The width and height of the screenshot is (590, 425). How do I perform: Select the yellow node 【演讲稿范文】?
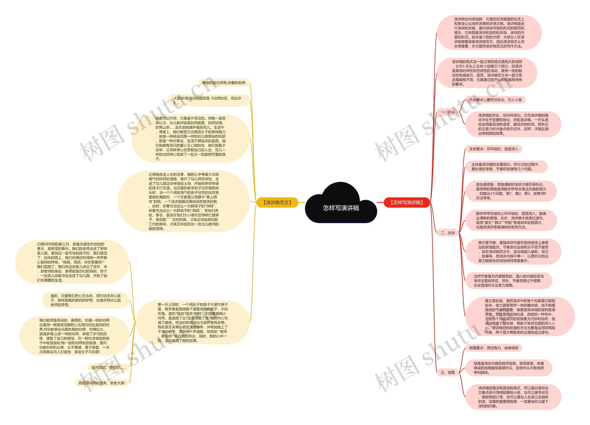277,202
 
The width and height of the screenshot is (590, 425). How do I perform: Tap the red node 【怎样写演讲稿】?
407,202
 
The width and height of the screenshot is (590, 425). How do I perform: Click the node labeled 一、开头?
447,112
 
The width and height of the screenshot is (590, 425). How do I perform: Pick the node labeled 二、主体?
447,233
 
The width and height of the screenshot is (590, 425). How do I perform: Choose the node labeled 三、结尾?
447,372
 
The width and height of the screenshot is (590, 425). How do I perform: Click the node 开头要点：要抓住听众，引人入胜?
495,100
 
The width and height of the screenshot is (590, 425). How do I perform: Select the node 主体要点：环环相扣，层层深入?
493,149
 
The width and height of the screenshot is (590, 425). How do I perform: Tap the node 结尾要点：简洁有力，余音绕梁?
493,348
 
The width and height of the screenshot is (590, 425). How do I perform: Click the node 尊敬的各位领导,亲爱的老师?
224,83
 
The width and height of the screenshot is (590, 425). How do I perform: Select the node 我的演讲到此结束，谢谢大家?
102,383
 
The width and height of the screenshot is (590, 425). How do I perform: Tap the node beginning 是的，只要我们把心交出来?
86,300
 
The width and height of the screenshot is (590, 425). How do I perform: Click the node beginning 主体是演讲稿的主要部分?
506,166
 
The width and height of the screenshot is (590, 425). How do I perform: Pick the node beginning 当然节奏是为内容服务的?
509,281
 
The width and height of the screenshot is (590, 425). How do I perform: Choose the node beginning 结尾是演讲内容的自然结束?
509,368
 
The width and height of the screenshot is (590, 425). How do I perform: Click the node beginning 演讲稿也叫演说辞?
489,33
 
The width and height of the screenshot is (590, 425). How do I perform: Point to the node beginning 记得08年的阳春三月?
72,262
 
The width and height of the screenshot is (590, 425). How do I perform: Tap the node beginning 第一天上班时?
193,322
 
